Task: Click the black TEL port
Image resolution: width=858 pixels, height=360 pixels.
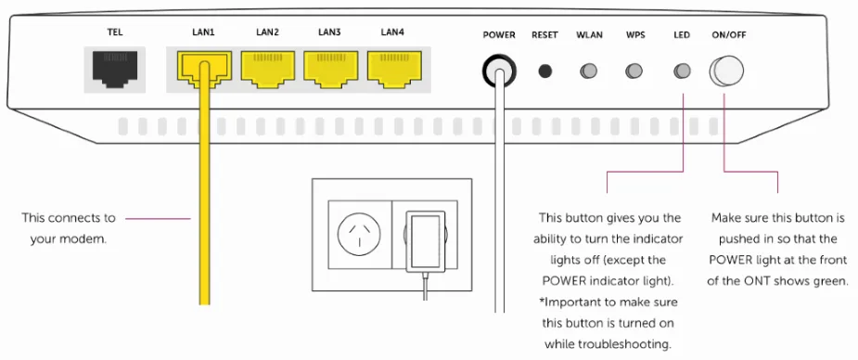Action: (x=115, y=69)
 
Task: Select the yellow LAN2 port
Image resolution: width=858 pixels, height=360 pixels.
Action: (x=267, y=69)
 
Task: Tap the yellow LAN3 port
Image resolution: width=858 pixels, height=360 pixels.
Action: (x=330, y=69)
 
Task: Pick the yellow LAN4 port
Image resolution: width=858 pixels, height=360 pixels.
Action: (x=394, y=69)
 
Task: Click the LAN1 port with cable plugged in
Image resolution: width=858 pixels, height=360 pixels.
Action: (x=204, y=69)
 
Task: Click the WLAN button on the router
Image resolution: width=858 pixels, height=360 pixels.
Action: (x=589, y=71)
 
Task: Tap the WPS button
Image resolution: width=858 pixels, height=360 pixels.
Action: (x=634, y=71)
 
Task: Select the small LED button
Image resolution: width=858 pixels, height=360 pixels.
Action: (x=682, y=71)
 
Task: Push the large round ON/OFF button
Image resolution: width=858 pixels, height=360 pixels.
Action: (x=726, y=71)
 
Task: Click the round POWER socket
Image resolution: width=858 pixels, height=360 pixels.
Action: (x=499, y=71)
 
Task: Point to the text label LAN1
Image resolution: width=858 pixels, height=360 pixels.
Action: (x=203, y=32)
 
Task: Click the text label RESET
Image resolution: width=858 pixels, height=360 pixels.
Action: (x=544, y=35)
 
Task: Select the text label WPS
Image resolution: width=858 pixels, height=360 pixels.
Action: (x=635, y=35)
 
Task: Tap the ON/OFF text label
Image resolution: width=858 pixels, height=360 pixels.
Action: (x=729, y=35)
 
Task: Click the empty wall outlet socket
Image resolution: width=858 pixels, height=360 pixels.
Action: (x=360, y=234)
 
